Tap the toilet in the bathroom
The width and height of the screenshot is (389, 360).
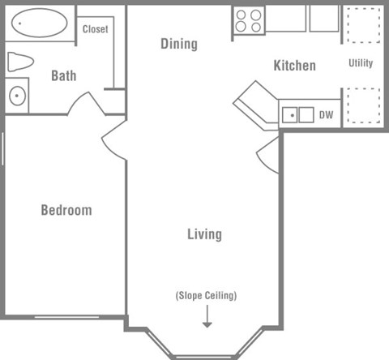pos(20,62)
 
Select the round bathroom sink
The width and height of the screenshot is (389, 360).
pos(17,96)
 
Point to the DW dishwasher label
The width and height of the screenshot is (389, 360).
pos(327,115)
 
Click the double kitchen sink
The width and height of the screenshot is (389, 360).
pos(297,115)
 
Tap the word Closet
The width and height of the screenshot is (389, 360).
pos(96,29)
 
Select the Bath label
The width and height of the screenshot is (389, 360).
pos(64,76)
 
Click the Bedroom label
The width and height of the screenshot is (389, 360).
pos(66,210)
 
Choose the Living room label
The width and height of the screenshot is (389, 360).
pos(204,234)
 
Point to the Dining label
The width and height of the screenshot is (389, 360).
pos(178,44)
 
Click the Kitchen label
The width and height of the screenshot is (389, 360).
pos(294,65)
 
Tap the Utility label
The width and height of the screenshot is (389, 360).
pos(361,63)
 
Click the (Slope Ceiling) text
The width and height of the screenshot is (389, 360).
pos(207,295)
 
